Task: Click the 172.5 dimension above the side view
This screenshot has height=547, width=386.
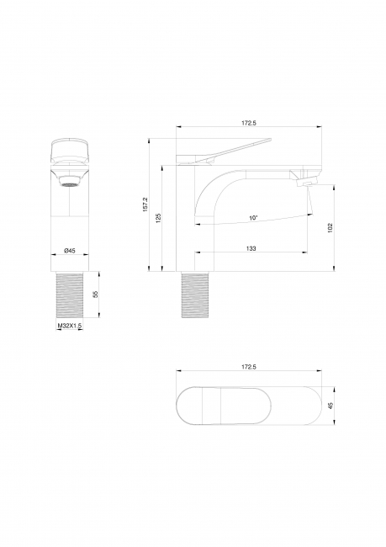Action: click(x=249, y=123)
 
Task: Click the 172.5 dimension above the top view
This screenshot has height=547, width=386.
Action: click(x=249, y=367)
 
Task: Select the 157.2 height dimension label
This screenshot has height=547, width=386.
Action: click(x=145, y=204)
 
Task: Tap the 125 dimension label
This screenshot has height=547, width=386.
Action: click(x=159, y=219)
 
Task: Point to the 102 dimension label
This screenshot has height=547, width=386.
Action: click(x=330, y=228)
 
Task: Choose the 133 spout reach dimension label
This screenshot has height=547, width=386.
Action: click(x=251, y=248)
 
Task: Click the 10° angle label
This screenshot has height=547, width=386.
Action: click(x=253, y=218)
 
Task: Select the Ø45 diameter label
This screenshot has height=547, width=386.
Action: click(x=70, y=251)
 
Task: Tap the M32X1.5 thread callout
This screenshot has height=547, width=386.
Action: click(x=70, y=326)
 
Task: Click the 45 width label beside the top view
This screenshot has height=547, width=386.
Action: click(x=330, y=405)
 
